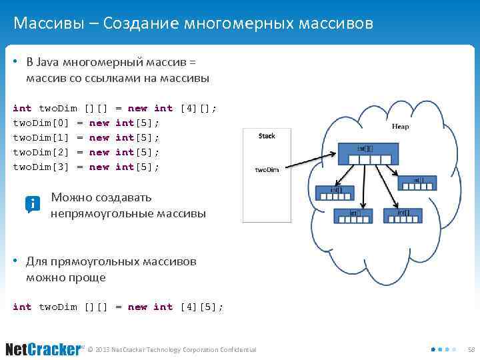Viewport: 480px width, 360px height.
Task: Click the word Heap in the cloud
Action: (401, 126)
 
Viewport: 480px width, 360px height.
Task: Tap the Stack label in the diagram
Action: (266, 136)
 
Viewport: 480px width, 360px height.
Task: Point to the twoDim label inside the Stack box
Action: (267, 169)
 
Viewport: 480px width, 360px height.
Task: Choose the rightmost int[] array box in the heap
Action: (419, 183)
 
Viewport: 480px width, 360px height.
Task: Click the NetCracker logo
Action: (43, 349)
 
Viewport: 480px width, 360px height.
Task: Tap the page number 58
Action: (471, 349)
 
